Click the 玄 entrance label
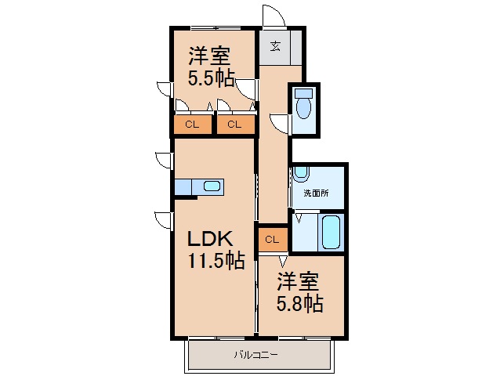click(x=276, y=45)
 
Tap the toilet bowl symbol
click(x=304, y=107)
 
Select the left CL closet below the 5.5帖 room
click(x=192, y=124)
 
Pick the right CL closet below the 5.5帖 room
click(x=234, y=124)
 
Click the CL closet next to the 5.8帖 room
click(x=272, y=239)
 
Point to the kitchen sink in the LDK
click(x=211, y=186)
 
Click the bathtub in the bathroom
click(x=330, y=233)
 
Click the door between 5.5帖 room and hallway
click(x=248, y=88)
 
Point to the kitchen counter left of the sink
click(x=186, y=186)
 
